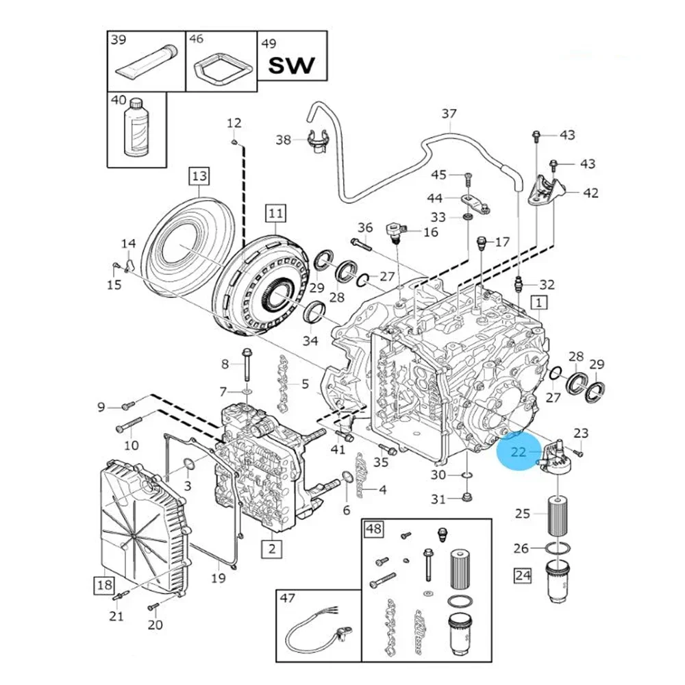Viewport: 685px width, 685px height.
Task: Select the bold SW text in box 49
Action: [x=291, y=66]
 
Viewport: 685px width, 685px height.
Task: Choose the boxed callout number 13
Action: [x=198, y=177]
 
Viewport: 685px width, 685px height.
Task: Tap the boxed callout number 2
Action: [x=272, y=547]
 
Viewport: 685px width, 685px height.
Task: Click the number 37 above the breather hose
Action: [x=449, y=113]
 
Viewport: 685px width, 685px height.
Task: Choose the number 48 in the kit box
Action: [x=374, y=530]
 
